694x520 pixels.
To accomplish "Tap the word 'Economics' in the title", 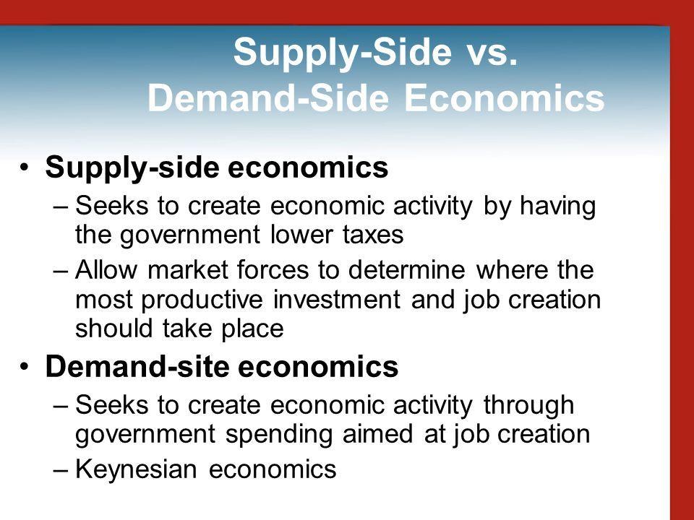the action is [504, 98].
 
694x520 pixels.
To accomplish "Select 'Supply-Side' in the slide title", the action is [343, 53].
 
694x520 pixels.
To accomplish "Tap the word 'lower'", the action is [301, 234].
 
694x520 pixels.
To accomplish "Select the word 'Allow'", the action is [106, 269].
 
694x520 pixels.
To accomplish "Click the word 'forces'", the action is [273, 269].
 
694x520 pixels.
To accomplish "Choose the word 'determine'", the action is [407, 269].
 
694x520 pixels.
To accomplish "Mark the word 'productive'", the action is [202, 300].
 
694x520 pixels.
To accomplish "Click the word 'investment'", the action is [337, 299].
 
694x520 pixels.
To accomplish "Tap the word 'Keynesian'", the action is [136, 469].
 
